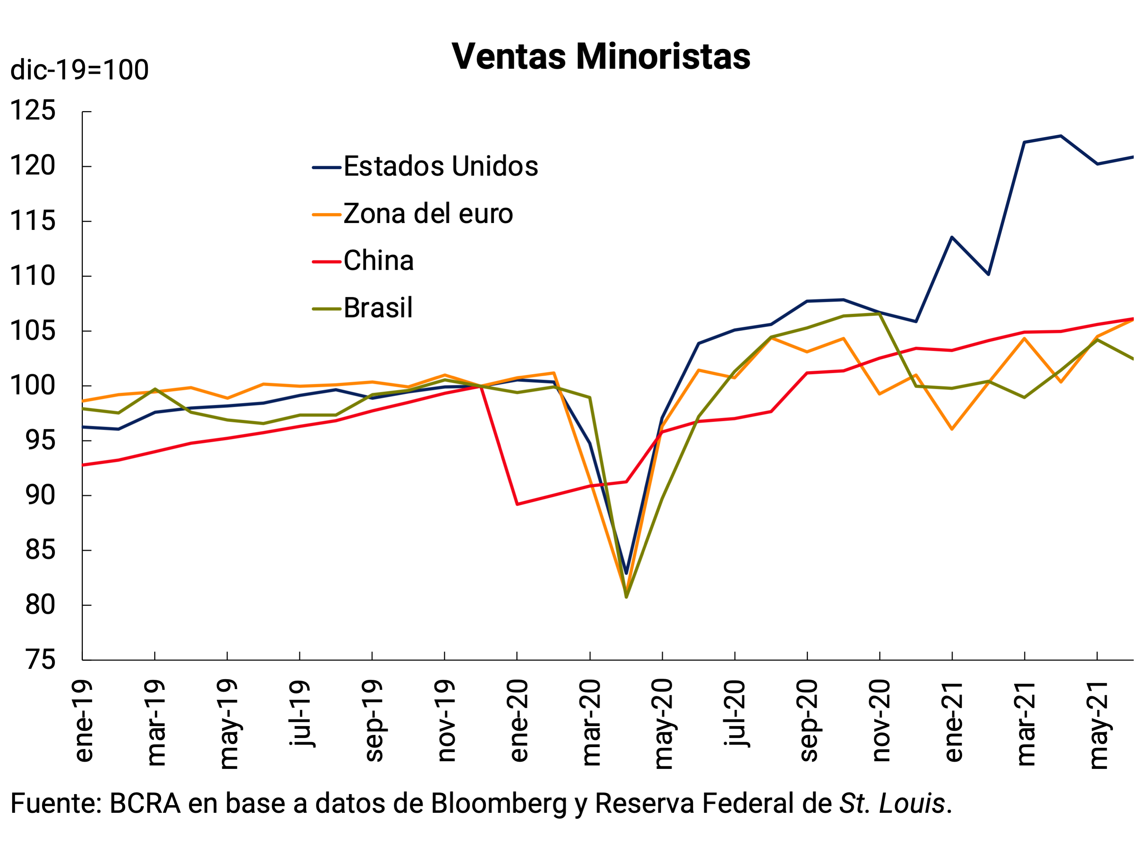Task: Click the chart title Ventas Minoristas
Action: pyautogui.click(x=601, y=57)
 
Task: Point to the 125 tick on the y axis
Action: pyautogui.click(x=32, y=111)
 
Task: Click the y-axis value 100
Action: pyautogui.click(x=32, y=386)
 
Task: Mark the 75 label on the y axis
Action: pyautogui.click(x=40, y=660)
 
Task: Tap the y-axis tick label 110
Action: pyautogui.click(x=32, y=276)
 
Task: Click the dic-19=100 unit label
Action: pyautogui.click(x=79, y=70)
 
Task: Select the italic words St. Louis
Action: pyautogui.click(x=892, y=804)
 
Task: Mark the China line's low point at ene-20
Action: pyautogui.click(x=518, y=504)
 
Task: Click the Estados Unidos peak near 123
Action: pyautogui.click(x=1061, y=136)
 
